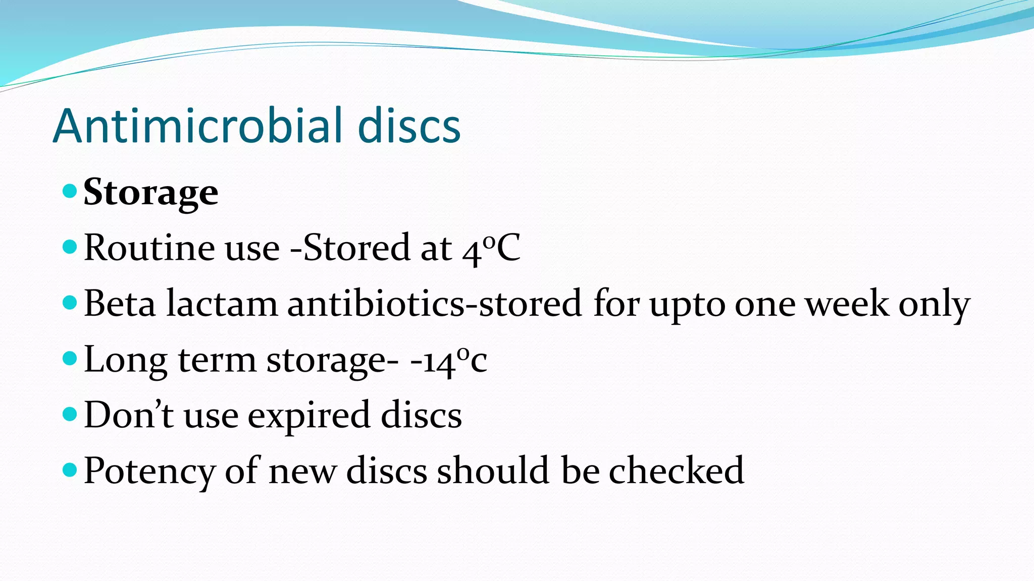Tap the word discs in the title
[x=409, y=126]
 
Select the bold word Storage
[x=150, y=193]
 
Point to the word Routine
[x=149, y=248]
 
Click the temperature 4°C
[x=491, y=249]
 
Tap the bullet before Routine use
[x=70, y=247]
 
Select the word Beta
[x=120, y=304]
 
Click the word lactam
[x=222, y=304]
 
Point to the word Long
[x=125, y=360]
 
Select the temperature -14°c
[x=448, y=360]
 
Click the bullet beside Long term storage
[x=70, y=359]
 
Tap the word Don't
[x=129, y=415]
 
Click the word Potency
[x=149, y=471]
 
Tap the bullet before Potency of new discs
[x=70, y=470]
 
